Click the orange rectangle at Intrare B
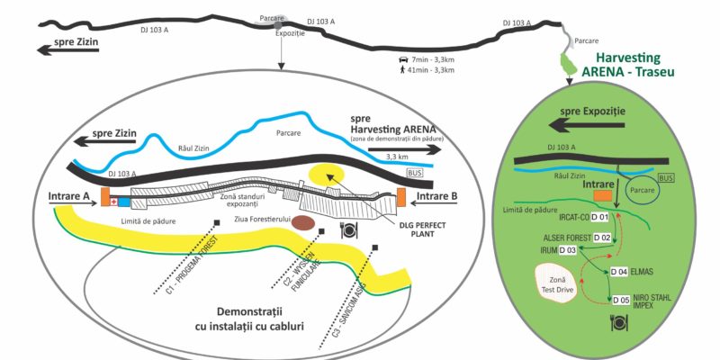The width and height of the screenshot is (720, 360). coord(400,196)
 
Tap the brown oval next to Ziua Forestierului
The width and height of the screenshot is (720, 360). coord(303,222)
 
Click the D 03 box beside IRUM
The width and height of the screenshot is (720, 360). coord(567,249)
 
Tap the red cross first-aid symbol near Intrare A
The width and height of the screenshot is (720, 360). coord(112,201)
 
